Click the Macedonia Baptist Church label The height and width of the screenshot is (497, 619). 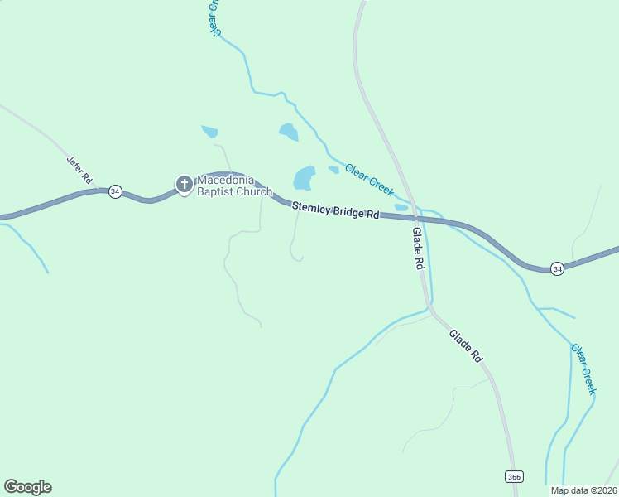pos(234,186)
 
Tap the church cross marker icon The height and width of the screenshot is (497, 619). pos(184,184)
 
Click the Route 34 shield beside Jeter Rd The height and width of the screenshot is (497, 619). pos(115,191)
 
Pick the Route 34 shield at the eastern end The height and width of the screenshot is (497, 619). pos(558,268)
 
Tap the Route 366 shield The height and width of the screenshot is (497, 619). pos(514,476)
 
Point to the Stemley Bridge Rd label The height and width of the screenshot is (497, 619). pos(334,211)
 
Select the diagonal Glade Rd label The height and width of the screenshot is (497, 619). pos(466,346)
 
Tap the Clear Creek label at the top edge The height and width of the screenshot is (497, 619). pos(217,17)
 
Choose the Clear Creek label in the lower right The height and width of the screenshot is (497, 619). pos(583,369)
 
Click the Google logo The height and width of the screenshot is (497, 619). pos(27,487)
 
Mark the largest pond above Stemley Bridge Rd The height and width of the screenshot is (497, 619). pos(304,177)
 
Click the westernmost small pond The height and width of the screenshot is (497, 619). pos(210,131)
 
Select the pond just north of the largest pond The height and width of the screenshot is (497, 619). pos(288,131)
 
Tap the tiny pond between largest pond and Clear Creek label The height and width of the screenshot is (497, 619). pos(333,170)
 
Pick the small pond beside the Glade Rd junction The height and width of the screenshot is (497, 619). pos(401,207)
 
